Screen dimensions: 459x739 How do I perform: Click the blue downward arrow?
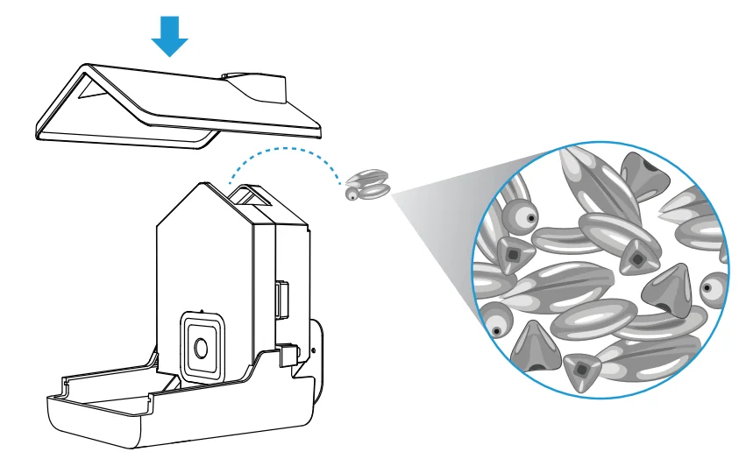[x=169, y=35]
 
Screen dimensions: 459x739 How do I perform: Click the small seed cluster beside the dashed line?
[x=366, y=183]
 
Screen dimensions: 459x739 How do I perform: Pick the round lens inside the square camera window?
[x=201, y=347]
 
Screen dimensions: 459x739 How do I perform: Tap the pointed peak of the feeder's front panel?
[x=202, y=185]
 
